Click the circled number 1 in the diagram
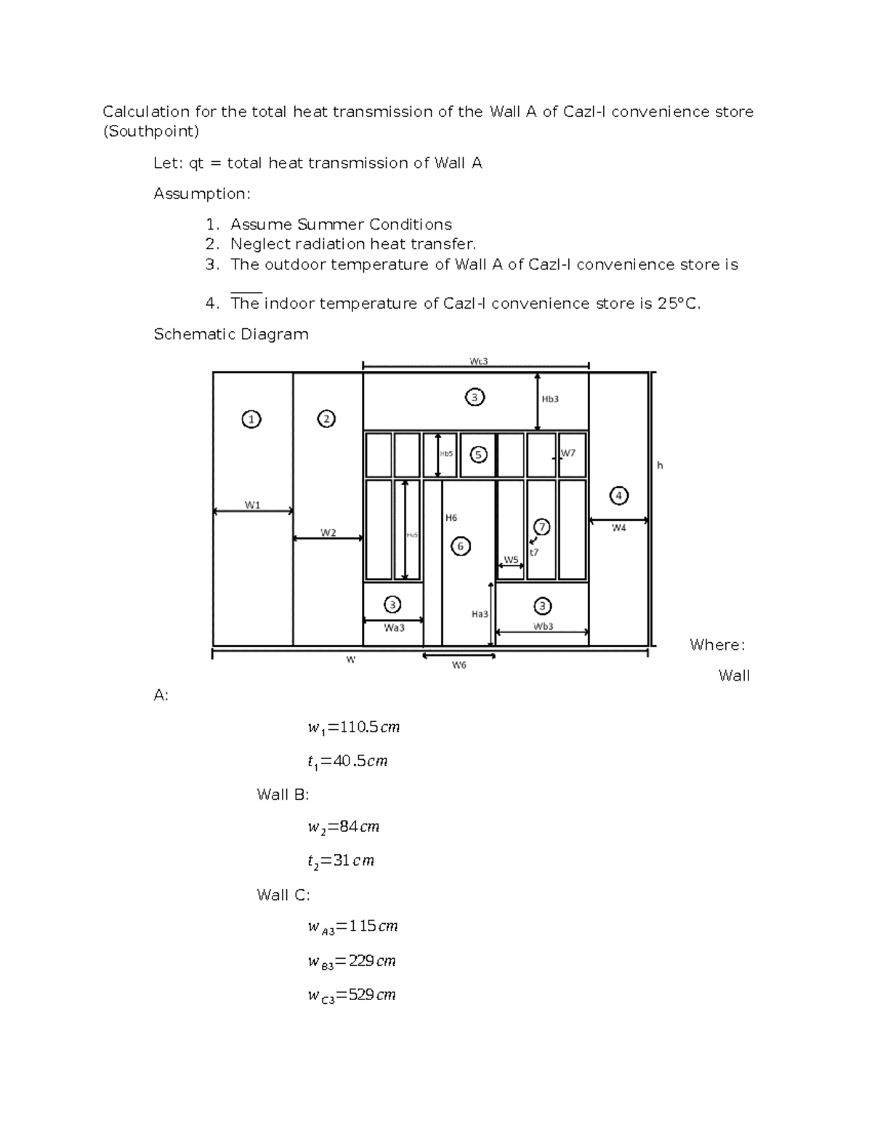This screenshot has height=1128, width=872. [251, 419]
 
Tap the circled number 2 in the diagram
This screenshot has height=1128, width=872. [327, 419]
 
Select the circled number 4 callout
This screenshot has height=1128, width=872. [618, 496]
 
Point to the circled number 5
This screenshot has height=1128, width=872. [478, 455]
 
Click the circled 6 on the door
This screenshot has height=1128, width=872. [460, 545]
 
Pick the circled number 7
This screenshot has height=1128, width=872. [541, 527]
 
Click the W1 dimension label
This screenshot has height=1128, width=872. [252, 505]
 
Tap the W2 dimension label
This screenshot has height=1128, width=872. [328, 532]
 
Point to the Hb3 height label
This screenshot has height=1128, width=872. [550, 399]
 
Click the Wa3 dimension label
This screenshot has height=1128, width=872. [394, 628]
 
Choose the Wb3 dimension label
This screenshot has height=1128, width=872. [543, 626]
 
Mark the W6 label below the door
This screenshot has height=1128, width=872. [459, 665]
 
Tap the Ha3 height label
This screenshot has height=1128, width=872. [480, 614]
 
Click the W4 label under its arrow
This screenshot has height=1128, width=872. [618, 528]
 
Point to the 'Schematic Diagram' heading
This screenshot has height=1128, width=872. [231, 334]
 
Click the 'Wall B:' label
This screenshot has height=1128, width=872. [283, 795]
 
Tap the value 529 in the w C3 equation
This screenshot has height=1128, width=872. [362, 995]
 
